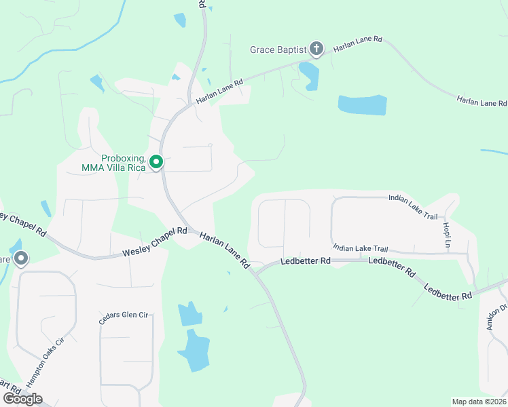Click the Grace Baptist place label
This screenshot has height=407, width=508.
[x=278, y=50]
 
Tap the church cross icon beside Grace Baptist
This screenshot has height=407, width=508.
[x=316, y=48]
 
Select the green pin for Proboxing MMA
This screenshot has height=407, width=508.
[x=156, y=162]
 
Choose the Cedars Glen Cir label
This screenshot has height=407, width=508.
[x=124, y=318]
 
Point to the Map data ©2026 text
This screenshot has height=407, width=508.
[x=479, y=402]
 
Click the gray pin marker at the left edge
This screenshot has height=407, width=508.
[x=21, y=258]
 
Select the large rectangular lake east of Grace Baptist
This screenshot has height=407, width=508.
[x=362, y=105]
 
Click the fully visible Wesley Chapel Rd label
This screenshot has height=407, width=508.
[x=154, y=242]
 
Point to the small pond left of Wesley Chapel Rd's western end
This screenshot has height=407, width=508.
[x=46, y=208]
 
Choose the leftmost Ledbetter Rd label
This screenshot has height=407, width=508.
[x=306, y=260]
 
